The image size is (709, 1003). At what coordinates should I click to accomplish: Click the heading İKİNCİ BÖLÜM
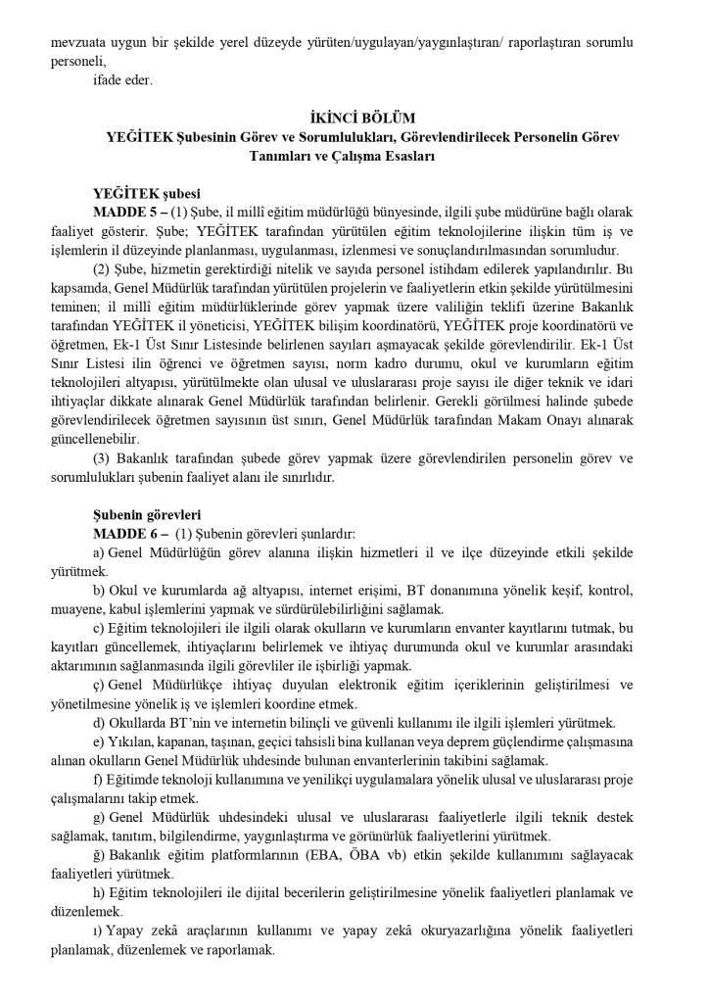(x=354, y=119)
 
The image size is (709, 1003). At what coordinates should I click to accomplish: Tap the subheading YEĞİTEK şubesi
(x=146, y=193)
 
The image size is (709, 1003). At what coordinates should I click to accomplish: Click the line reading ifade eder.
(x=123, y=80)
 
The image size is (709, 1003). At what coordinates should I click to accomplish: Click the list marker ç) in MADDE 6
(x=99, y=684)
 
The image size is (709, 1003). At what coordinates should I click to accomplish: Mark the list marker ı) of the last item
(x=98, y=930)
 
